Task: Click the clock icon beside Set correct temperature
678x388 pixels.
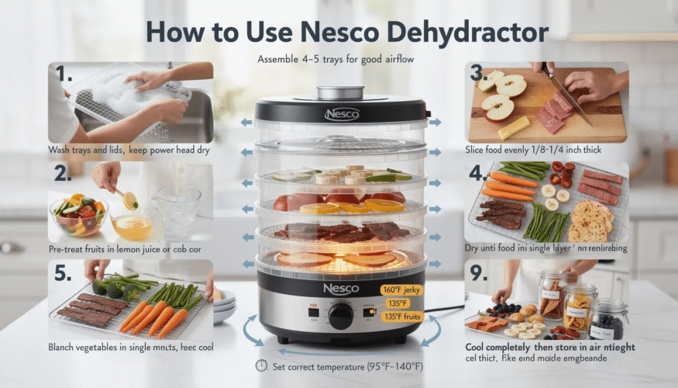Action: pyautogui.click(x=261, y=366)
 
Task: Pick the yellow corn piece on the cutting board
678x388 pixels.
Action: pyautogui.click(x=514, y=127)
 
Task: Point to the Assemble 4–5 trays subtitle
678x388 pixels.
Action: pyautogui.click(x=339, y=60)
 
